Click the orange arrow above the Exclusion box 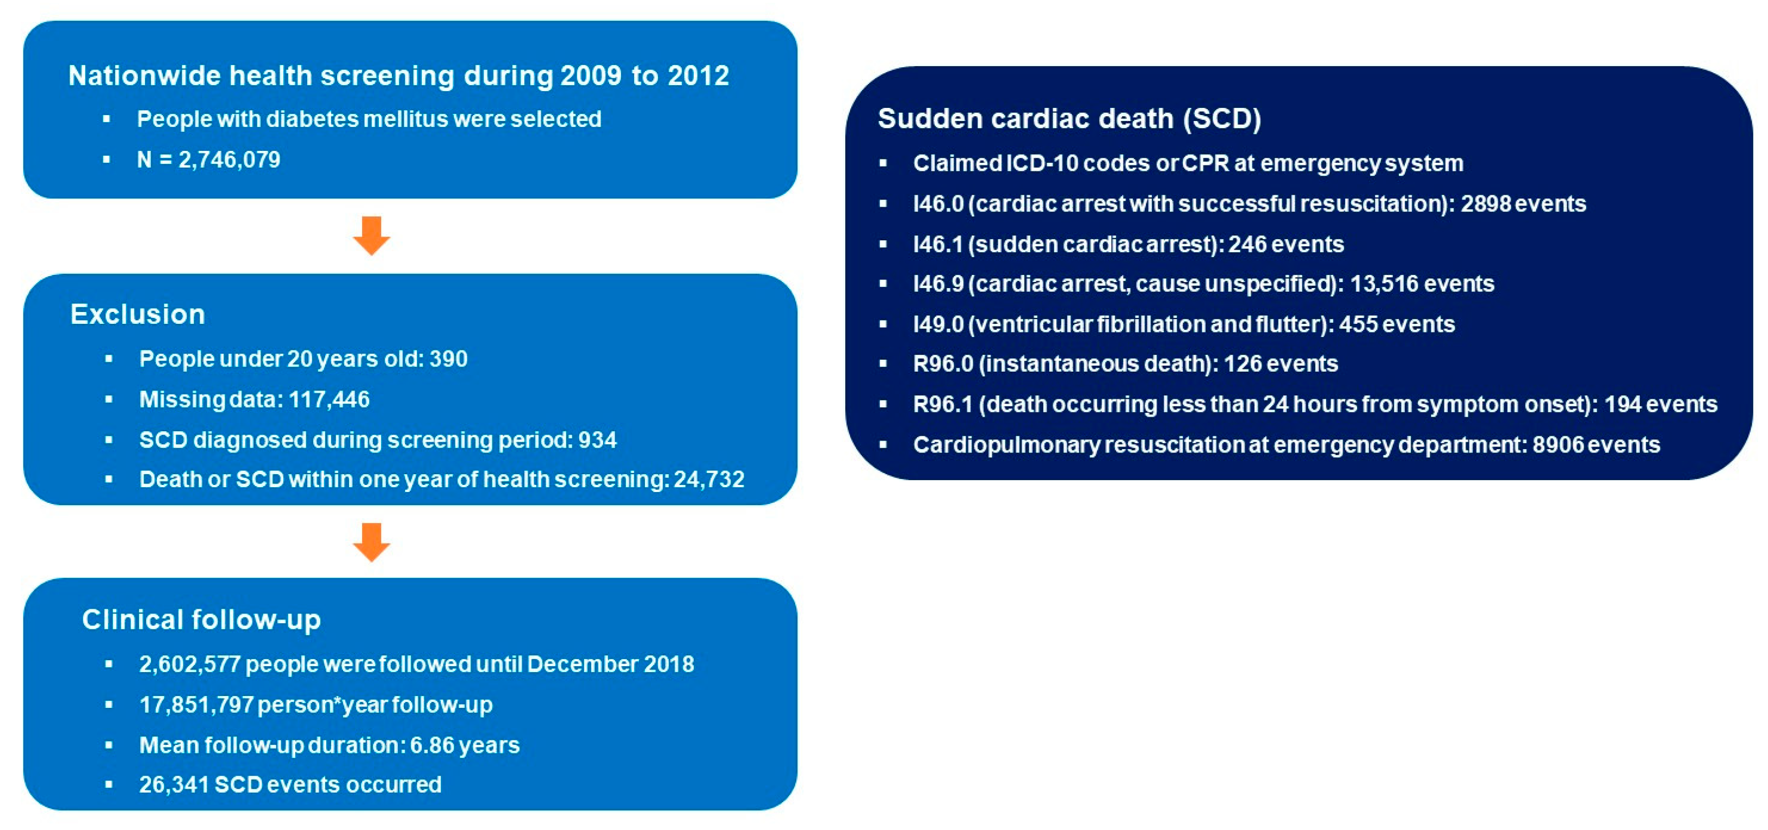(x=371, y=236)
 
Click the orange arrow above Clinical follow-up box (x=371, y=542)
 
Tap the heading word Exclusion (x=138, y=314)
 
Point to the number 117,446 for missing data (x=329, y=399)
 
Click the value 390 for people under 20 (x=448, y=359)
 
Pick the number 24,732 (x=709, y=480)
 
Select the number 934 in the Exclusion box (x=597, y=440)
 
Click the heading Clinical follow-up (x=202, y=620)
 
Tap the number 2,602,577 (x=189, y=664)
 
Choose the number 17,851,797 (x=197, y=705)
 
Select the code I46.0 (x=938, y=204)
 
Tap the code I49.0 (x=938, y=324)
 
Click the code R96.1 (x=943, y=404)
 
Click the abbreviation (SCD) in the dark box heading (x=1222, y=119)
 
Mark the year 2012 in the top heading (x=698, y=75)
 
